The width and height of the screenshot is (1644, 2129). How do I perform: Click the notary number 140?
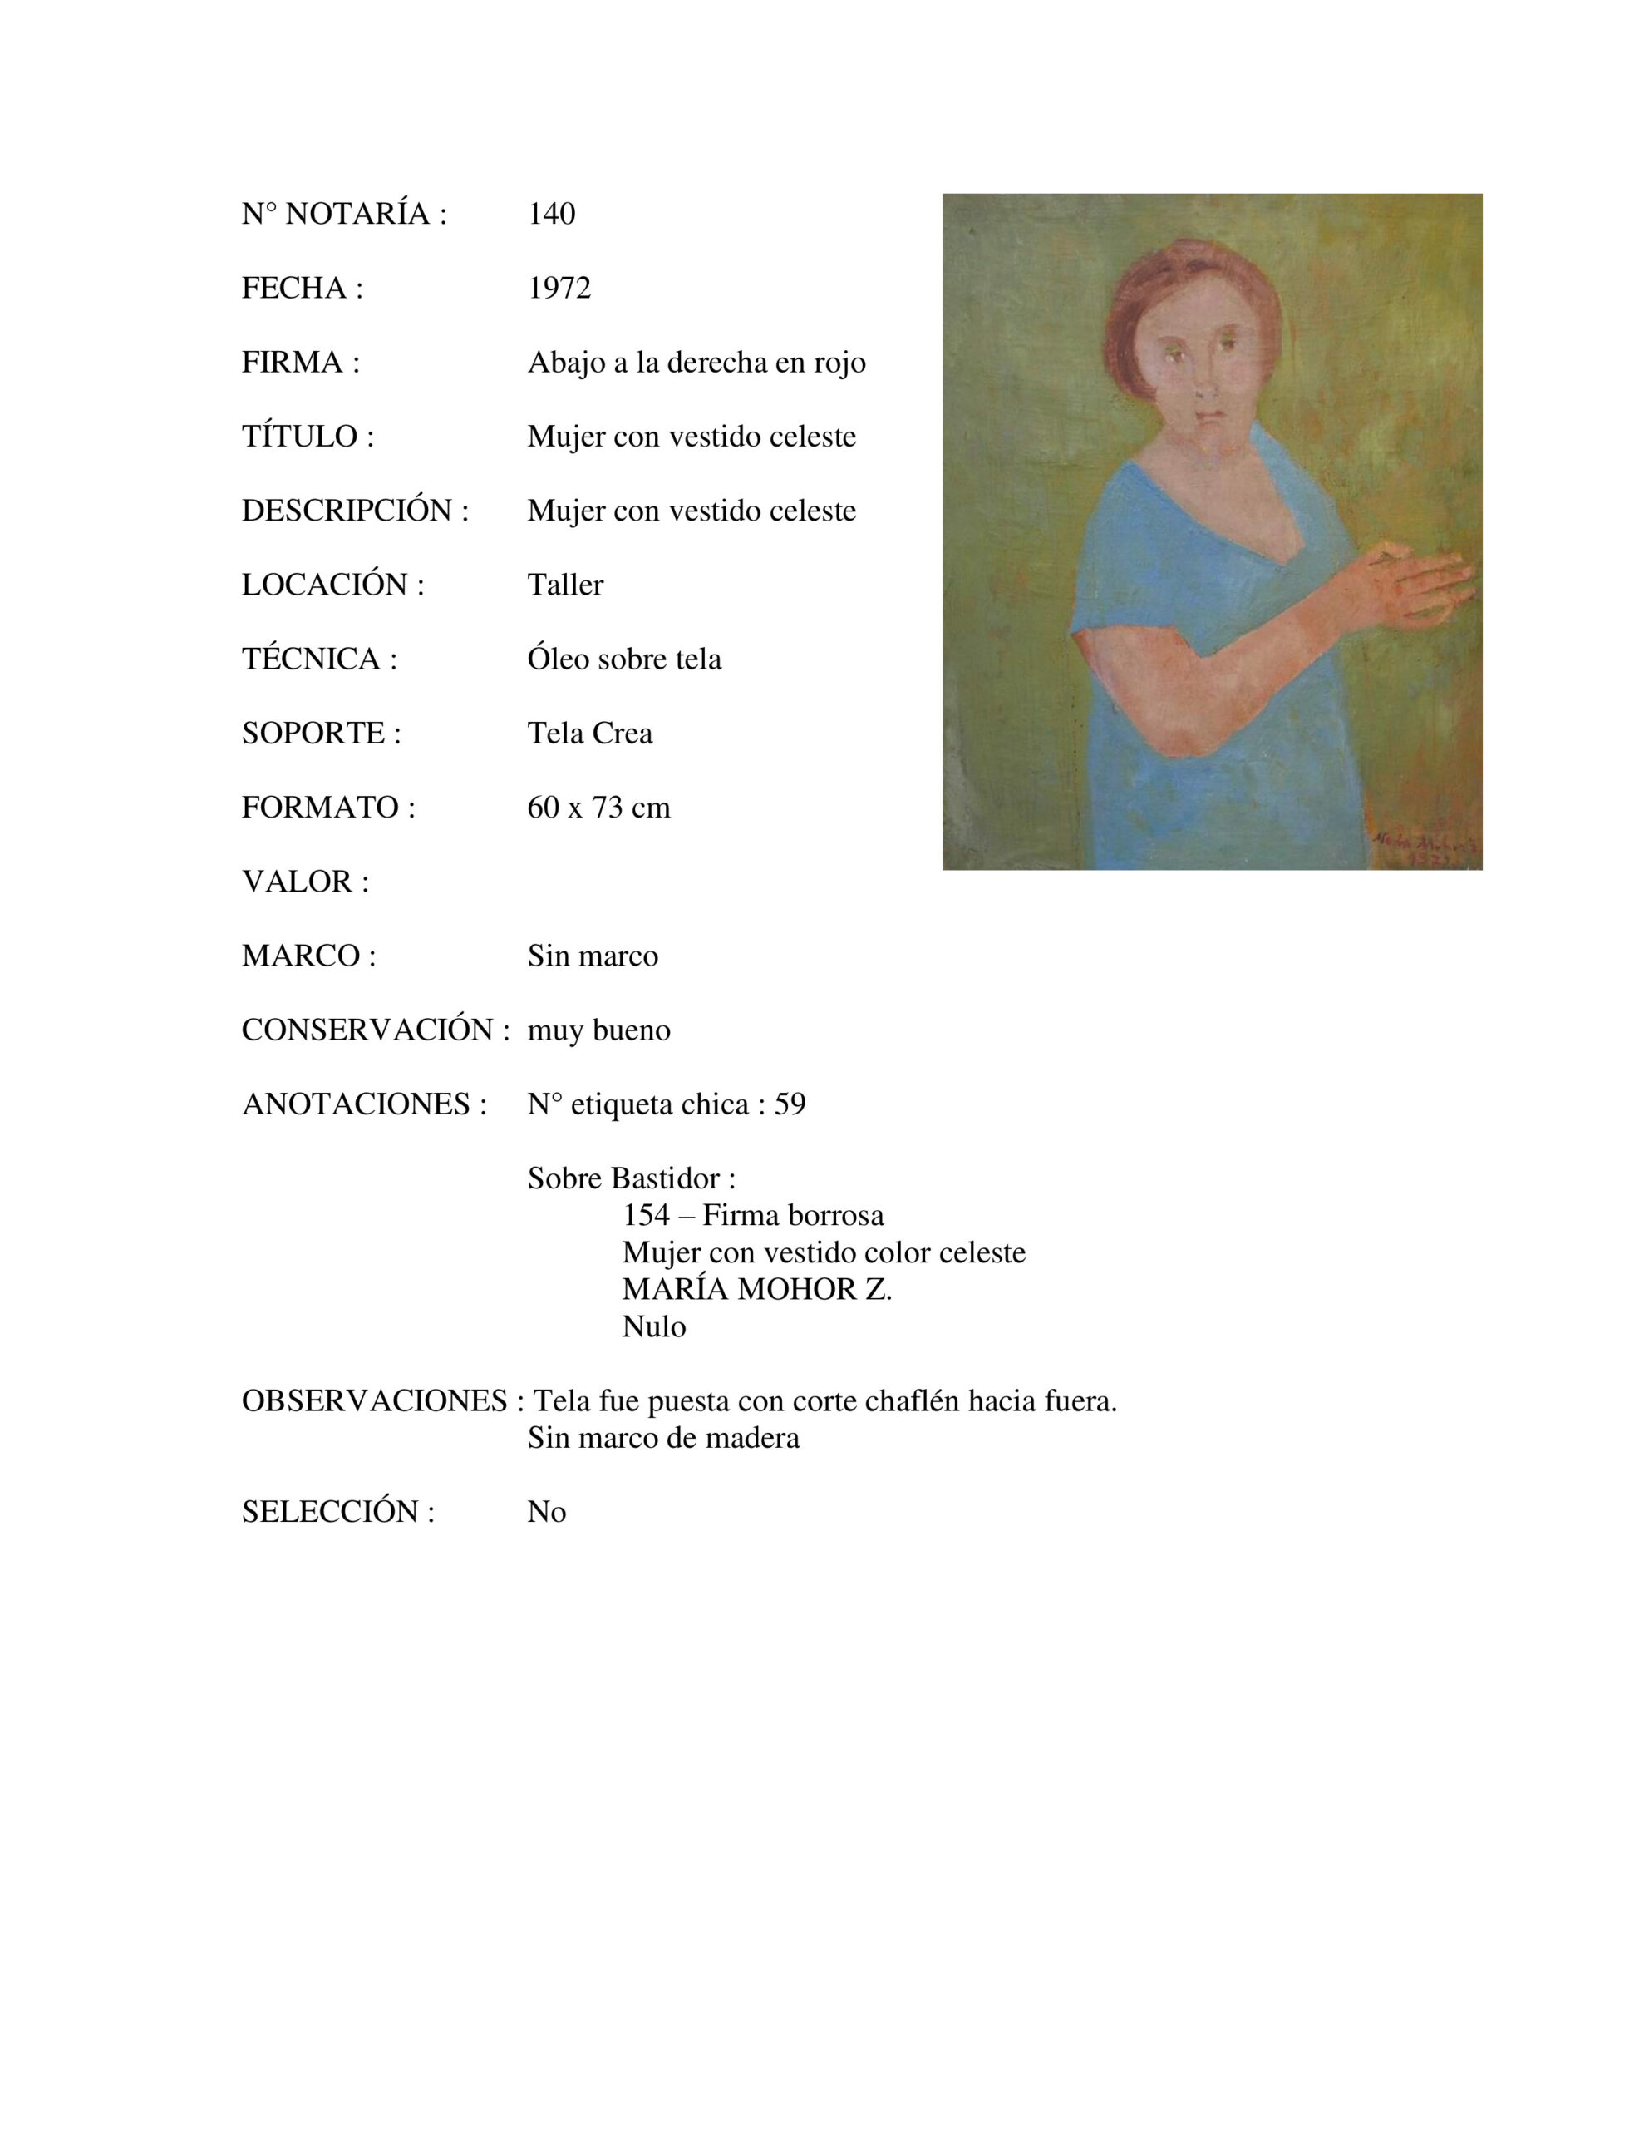point(552,214)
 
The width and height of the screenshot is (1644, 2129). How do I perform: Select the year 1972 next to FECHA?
point(559,288)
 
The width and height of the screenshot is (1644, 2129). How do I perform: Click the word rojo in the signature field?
point(840,363)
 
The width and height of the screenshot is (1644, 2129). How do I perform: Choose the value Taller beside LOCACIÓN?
point(565,585)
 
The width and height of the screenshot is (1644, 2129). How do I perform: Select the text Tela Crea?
point(589,733)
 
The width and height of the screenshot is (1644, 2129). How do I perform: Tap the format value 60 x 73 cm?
point(598,808)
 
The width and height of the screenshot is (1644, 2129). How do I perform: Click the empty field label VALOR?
point(305,882)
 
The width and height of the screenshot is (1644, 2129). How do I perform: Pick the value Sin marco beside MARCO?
point(593,956)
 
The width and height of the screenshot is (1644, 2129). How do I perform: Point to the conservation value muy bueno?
point(598,1030)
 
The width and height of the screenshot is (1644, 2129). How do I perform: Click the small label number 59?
point(790,1104)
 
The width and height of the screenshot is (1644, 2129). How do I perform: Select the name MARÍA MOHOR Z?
point(757,1290)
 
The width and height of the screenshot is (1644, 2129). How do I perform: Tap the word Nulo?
point(654,1326)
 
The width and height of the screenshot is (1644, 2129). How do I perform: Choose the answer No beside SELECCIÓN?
point(547,1512)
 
